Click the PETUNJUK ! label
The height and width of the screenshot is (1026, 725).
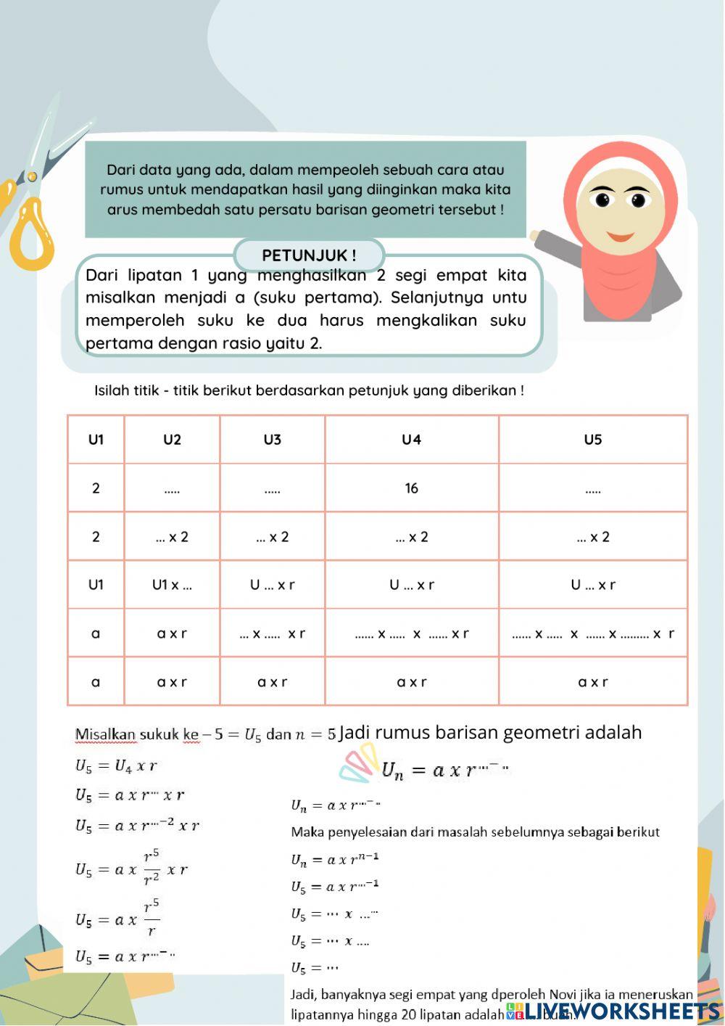[x=309, y=255]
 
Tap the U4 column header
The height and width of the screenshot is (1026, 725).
[x=411, y=440]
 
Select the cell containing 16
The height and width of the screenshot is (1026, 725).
[x=411, y=488]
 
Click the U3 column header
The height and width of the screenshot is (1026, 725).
[x=272, y=440]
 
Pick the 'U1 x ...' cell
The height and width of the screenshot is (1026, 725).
[x=172, y=585]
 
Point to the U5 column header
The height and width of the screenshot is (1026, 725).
[x=592, y=440]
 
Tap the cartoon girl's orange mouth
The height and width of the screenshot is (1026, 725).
[x=620, y=236]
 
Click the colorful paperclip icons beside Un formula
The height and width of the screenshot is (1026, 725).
[x=359, y=766]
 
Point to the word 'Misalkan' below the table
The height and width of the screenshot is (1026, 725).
[x=105, y=734]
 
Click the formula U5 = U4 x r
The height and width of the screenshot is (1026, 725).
[x=116, y=766]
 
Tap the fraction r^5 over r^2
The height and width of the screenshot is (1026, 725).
[x=152, y=868]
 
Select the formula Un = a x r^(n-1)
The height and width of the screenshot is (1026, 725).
[x=334, y=859]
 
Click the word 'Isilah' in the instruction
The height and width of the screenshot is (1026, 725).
[x=110, y=390]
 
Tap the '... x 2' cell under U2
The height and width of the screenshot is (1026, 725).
[x=172, y=537]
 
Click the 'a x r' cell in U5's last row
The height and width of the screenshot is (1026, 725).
[x=592, y=682]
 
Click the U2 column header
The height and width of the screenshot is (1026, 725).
[x=172, y=440]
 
